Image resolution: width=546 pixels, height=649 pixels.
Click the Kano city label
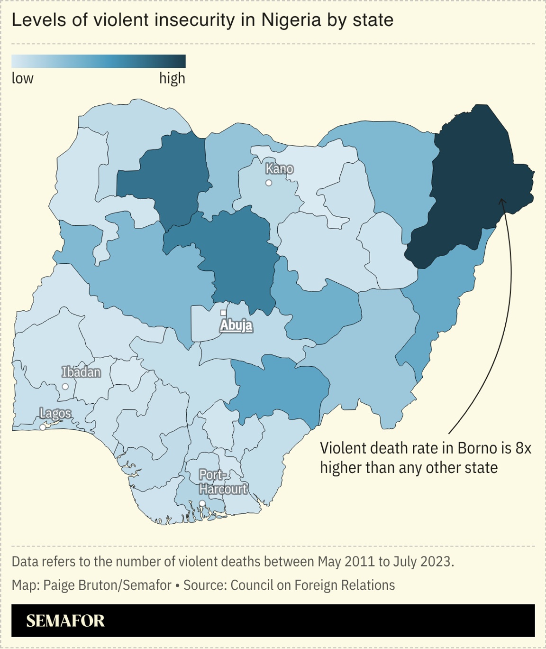coord(279,169)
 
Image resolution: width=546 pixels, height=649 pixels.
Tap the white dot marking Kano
coord(269,183)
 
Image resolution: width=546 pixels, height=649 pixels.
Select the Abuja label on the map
coord(236,325)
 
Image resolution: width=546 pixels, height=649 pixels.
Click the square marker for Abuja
coord(223,313)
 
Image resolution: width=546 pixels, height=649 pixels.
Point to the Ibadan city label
coord(81,372)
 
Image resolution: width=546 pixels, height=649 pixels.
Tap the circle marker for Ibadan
coord(65,387)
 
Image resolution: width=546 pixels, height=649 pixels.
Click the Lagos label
coord(55,413)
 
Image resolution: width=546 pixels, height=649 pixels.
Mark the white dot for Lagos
coord(43,427)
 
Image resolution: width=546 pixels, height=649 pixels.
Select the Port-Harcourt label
coord(223,482)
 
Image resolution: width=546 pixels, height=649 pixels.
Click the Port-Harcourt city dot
coord(202,503)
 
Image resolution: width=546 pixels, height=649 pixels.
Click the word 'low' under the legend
coord(22,78)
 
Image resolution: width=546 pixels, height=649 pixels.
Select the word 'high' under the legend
coord(172,78)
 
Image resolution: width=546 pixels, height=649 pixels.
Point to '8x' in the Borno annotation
coord(523,448)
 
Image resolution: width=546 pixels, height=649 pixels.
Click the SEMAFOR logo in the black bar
coord(65,621)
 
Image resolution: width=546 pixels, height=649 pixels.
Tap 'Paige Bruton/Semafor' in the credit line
coord(107,585)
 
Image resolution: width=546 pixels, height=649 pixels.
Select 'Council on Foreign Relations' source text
coord(312,585)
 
